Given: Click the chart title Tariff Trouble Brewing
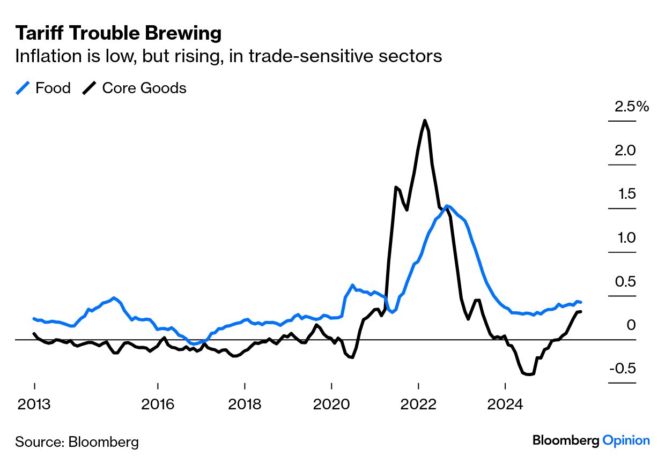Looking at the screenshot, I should click(x=118, y=33).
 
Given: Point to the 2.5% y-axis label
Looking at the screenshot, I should click(x=632, y=107).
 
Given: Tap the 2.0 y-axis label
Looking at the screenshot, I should click(x=625, y=151).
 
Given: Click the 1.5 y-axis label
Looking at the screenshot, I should click(x=625, y=194).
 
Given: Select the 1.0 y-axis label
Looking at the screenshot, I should click(x=625, y=238).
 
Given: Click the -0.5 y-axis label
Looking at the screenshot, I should click(x=622, y=369).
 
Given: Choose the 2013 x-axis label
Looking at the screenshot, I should click(x=34, y=403).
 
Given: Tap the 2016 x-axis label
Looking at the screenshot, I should click(x=158, y=403).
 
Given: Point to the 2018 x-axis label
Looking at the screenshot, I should click(x=245, y=403).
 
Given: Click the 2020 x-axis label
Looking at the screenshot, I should click(x=331, y=403).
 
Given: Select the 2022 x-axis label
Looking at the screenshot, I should click(x=418, y=403).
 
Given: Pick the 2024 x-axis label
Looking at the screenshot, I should click(x=505, y=403).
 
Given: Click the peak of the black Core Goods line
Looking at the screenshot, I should click(x=425, y=121).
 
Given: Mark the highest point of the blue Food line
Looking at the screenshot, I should click(x=446, y=206).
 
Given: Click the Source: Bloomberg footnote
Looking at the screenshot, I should click(x=77, y=442).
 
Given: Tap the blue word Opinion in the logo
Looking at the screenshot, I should click(x=626, y=440).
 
